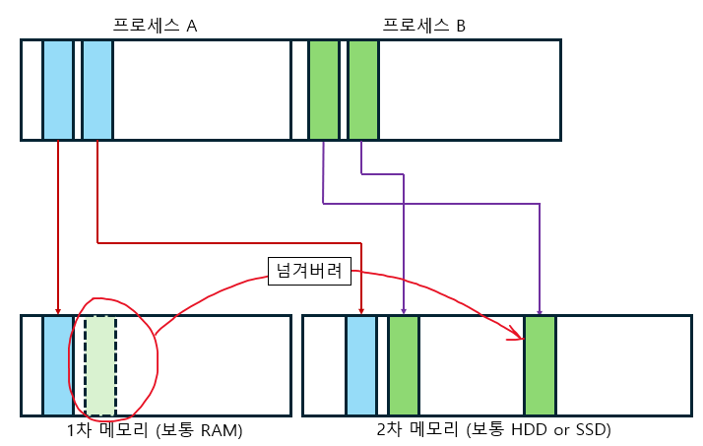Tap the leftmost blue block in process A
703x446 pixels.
pos(58,90)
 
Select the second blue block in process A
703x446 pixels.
pos(97,90)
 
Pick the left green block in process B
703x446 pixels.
pos(324,90)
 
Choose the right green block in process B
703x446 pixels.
pos(363,90)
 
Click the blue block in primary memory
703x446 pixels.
pos(58,365)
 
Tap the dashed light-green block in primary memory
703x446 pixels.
pos(100,365)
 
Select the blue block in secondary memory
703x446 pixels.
pos(361,365)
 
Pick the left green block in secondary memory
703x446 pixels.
pos(404,365)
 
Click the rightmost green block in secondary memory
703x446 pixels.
pos(540,365)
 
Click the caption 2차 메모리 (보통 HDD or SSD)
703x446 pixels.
pos(494,430)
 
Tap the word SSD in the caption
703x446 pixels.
pos(590,430)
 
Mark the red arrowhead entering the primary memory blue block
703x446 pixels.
pos(58,311)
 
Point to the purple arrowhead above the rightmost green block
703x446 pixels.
pos(540,311)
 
